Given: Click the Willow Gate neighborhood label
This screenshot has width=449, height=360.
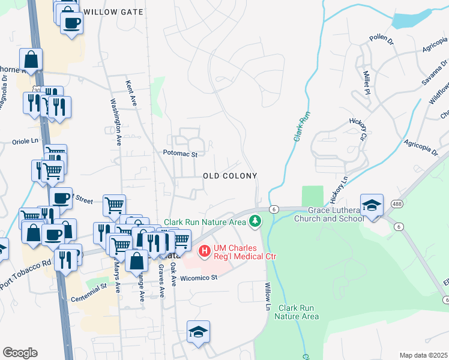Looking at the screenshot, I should (113, 12).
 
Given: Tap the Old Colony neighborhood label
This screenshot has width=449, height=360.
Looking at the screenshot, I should (230, 176).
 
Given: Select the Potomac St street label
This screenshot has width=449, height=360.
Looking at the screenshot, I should (180, 154).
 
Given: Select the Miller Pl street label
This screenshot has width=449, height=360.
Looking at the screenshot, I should (366, 81).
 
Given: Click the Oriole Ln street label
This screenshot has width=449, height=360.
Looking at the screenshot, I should (25, 142).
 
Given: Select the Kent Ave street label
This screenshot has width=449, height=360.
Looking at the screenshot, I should (131, 94).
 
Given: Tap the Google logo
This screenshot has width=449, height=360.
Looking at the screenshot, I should (20, 353).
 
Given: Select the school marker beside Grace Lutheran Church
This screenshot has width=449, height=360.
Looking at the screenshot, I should (372, 205).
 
